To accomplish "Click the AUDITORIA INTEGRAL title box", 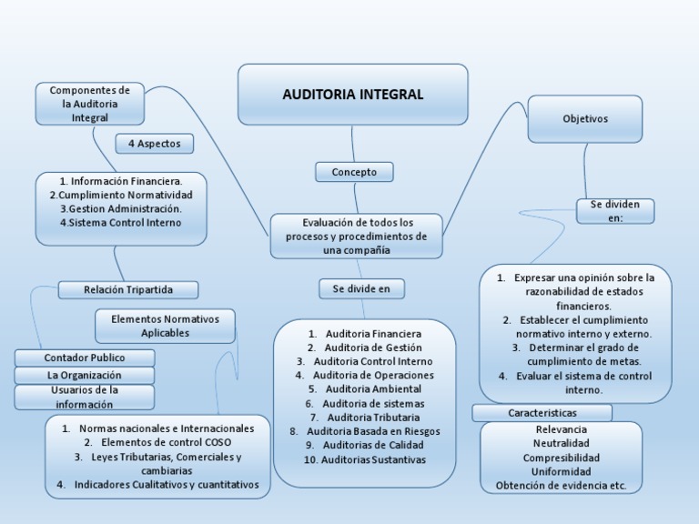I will pos(352,95).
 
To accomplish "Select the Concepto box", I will pos(354,172).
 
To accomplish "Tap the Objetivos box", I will pos(584,119).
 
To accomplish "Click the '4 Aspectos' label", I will pos(154,144).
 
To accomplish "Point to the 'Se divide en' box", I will pos(361,288).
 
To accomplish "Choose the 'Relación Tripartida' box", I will pos(127,289).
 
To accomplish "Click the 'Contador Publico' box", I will pos(84,358).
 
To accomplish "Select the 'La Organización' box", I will pos(84,375).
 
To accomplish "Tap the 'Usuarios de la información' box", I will pos(84,397).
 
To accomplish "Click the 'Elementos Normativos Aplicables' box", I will pos(165,327).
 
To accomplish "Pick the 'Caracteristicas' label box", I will pos(542,413).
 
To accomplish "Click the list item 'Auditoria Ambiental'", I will pos(364,388).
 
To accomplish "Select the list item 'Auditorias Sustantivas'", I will pos(364,459).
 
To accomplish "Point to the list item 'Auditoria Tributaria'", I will pos(364,417).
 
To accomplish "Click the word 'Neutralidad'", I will pos(562,443).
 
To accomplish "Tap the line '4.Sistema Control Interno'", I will pos(121,222).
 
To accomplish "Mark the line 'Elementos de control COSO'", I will pos(160,442).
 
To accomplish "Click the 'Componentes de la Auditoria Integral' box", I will pos(89,104).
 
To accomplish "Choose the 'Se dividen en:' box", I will pos(615,211).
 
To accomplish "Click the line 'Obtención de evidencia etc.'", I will pos(562,486).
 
